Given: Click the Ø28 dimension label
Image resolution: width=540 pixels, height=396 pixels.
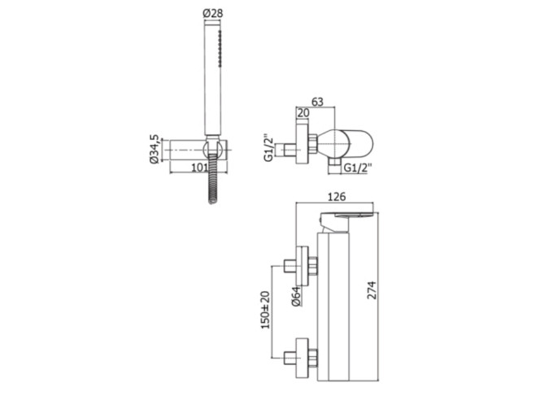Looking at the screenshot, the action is coord(213,14).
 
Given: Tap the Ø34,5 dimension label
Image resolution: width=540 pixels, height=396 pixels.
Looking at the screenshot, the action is coord(155,149).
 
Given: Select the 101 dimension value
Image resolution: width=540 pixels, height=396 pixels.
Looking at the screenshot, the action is coord(200,168).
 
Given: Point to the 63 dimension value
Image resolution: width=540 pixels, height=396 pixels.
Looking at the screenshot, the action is coord(317,102).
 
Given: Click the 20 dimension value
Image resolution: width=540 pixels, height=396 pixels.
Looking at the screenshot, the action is coord(303,113).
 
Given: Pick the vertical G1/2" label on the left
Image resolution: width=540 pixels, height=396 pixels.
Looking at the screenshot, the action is coord(269,147).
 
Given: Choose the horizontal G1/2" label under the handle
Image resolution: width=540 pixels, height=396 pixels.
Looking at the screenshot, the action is coord(358,168).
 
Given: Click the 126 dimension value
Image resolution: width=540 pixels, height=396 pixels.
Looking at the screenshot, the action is coord(336,197).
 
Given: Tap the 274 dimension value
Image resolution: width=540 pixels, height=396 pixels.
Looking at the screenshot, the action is coord(372,290).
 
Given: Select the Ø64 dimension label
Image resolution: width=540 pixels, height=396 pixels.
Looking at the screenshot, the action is coord(296,296).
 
